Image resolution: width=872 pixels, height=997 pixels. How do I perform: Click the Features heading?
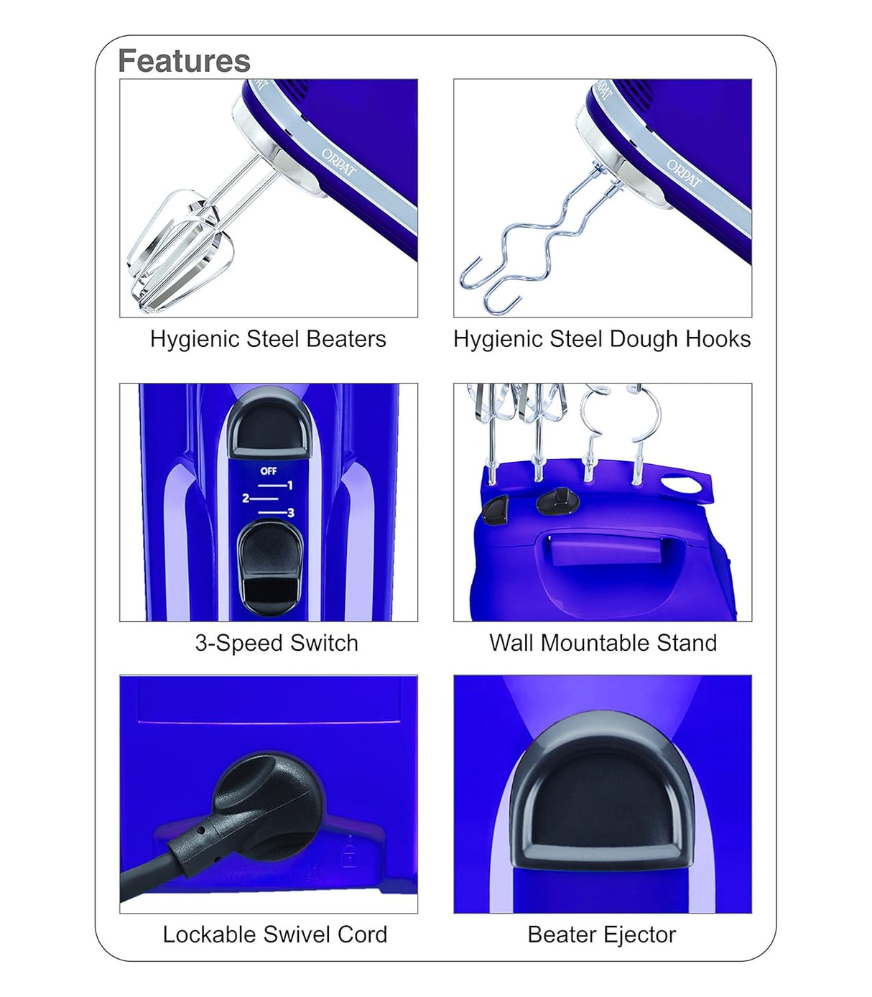click(184, 61)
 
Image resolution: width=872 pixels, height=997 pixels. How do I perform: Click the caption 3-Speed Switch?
click(277, 643)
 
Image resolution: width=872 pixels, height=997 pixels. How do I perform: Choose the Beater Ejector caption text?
click(601, 935)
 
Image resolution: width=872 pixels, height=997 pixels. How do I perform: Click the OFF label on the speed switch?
click(269, 471)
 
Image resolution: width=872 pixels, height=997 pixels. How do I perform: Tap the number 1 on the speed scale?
click(289, 486)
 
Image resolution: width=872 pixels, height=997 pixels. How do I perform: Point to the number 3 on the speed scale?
click(290, 513)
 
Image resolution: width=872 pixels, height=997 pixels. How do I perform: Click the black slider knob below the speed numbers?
click(270, 567)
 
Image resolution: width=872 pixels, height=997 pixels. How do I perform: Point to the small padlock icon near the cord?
click(350, 853)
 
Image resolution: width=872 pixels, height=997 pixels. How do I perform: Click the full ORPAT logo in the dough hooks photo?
click(683, 175)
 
